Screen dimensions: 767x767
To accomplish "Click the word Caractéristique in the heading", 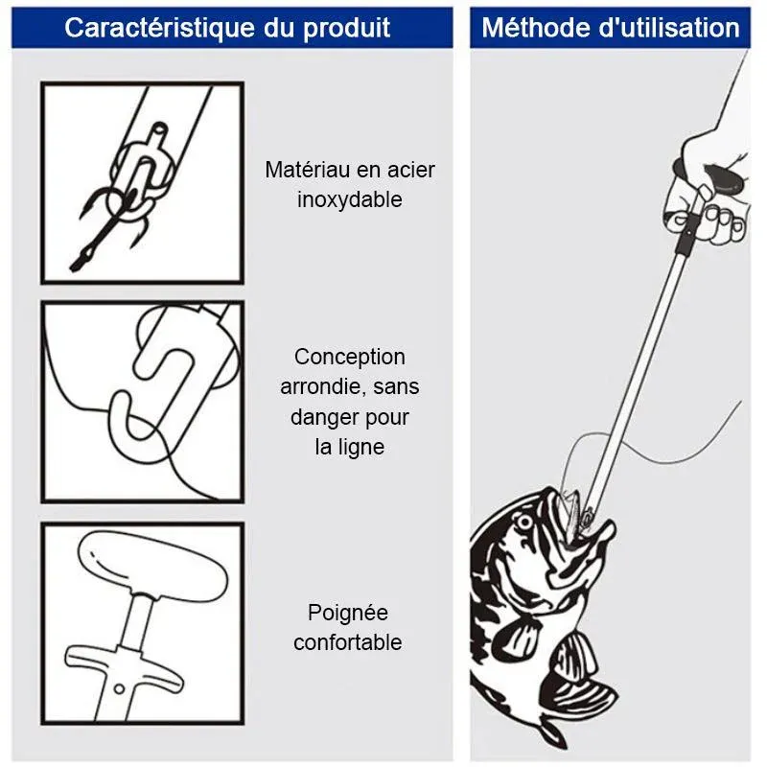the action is (159, 28).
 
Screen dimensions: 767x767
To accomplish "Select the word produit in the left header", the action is (347, 29).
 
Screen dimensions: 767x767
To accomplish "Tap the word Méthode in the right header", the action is (537, 28).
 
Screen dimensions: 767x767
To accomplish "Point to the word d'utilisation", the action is (669, 28).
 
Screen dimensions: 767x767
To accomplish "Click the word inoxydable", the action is (350, 200).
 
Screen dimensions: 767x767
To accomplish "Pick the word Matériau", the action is (307, 170).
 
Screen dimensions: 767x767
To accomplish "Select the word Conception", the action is (350, 358).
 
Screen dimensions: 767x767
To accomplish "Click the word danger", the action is (322, 418).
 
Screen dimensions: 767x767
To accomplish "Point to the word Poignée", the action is (348, 613).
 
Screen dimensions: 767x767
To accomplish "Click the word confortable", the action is (348, 642).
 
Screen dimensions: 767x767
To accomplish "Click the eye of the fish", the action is (524, 523).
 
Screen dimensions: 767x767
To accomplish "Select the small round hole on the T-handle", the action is (119, 688).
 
